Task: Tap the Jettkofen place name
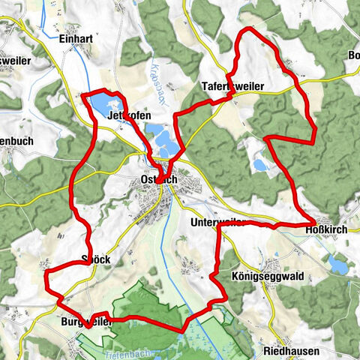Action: click(129, 116)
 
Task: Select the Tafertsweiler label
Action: click(232, 87)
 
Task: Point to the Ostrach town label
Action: click(158, 180)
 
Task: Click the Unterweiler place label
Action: click(217, 223)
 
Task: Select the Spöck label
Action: click(95, 260)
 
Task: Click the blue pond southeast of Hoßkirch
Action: click(337, 265)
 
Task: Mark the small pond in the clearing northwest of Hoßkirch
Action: click(259, 164)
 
